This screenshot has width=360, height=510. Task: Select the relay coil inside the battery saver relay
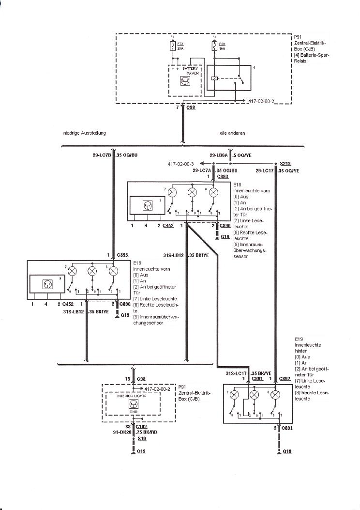tap(214, 78)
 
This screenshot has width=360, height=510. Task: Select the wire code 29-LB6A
tap(219, 155)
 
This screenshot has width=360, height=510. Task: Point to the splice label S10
tap(141, 438)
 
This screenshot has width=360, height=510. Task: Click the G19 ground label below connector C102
tap(141, 451)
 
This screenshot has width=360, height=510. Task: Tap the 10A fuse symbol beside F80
tap(214, 47)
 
